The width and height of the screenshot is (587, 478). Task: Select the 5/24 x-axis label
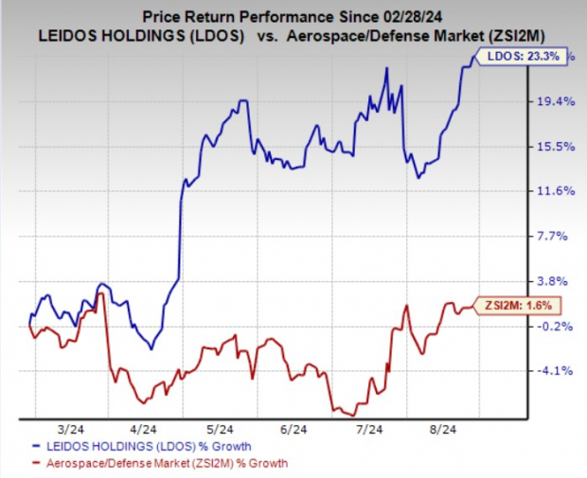point(221,429)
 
